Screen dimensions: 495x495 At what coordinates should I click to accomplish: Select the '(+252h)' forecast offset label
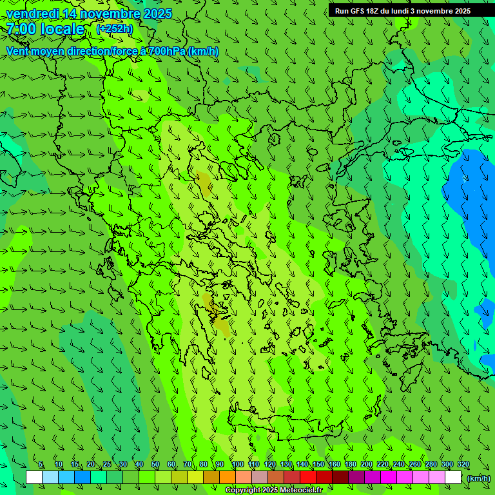114,28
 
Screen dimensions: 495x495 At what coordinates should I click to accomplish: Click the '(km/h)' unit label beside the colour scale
479,478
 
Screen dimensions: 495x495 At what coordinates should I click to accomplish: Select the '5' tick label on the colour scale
41,465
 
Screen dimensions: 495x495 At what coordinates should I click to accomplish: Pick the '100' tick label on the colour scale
237,465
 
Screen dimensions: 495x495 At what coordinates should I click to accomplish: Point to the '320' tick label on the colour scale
463,465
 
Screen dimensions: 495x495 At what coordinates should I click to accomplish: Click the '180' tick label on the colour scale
351,465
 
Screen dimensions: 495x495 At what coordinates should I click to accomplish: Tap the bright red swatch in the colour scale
308,478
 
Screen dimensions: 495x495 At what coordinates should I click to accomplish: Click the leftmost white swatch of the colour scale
34,478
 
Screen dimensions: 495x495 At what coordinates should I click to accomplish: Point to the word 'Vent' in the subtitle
18,51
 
